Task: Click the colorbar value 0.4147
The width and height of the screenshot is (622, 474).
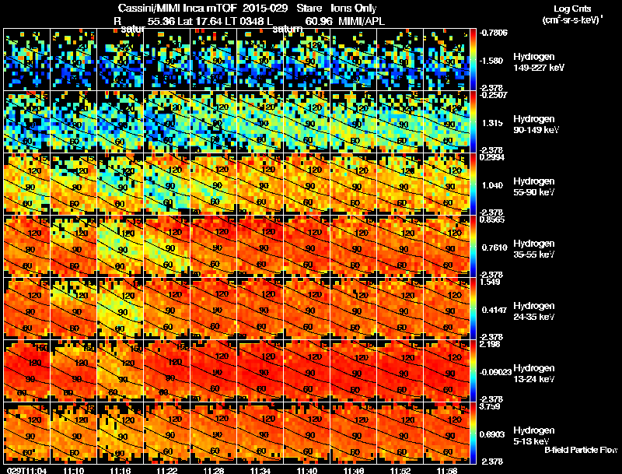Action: point(495,310)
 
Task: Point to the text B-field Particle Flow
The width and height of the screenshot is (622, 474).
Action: point(581,450)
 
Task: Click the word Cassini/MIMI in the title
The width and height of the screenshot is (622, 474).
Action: point(144,8)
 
